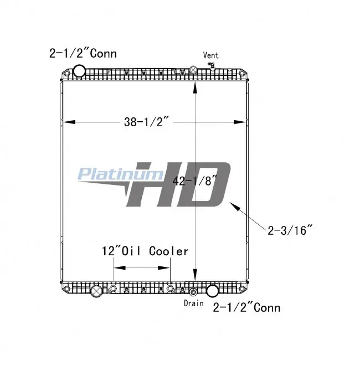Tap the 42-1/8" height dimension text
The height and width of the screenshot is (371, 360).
[194, 181]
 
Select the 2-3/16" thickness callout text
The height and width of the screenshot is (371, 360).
[290, 230]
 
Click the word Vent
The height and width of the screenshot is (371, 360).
[210, 55]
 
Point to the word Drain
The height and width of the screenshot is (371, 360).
[194, 303]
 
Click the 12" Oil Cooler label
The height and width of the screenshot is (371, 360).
[145, 251]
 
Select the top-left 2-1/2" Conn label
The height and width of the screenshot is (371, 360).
[83, 53]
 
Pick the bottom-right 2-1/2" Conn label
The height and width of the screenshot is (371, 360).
[246, 307]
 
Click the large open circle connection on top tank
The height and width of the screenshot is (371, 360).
[79, 71]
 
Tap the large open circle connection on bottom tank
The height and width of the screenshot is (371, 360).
[212, 291]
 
